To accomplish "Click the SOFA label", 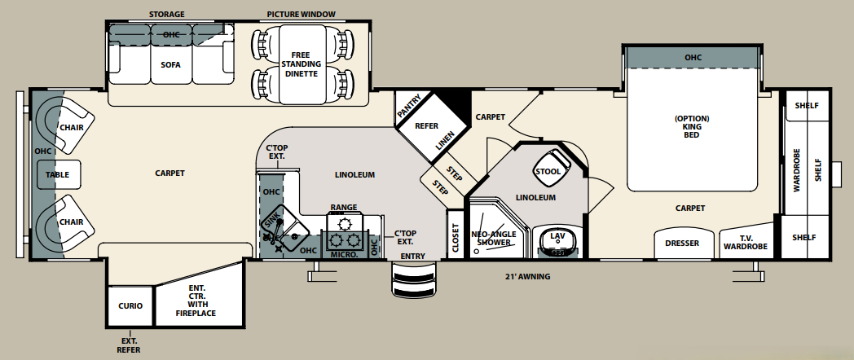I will tap(170, 64).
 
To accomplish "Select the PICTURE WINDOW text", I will tap(301, 15).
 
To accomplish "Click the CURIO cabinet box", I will tap(130, 305).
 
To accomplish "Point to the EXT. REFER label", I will tap(129, 345).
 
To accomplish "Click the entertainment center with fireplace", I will tap(196, 301).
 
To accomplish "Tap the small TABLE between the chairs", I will tap(58, 174).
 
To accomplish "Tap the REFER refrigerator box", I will tap(428, 127).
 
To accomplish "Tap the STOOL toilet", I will tap(548, 171).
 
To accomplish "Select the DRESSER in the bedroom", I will tap(682, 243).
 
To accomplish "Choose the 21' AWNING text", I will tap(527, 277).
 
